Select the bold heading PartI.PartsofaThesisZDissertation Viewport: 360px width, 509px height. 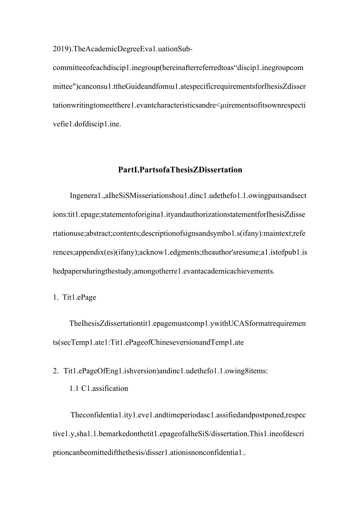tap(180, 170)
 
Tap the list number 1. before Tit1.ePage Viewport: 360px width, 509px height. tap(55, 297)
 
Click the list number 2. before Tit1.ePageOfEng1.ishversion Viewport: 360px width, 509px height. tap(56, 371)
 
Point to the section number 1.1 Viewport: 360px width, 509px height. tap(74, 388)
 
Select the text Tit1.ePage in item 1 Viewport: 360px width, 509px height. tap(79, 297)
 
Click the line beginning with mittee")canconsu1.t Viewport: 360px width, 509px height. tap(179, 86)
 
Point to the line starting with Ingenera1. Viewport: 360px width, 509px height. tap(188, 196)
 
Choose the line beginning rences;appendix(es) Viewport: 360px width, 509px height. tap(180, 252)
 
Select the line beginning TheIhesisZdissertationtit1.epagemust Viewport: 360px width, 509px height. tap(188, 324)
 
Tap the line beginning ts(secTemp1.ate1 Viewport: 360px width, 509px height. tap(148, 342)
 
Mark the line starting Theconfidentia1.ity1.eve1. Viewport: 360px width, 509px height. tap(188, 415)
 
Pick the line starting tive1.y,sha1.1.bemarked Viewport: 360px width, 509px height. tap(179, 434)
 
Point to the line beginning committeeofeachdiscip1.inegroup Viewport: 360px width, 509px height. tap(178, 68)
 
